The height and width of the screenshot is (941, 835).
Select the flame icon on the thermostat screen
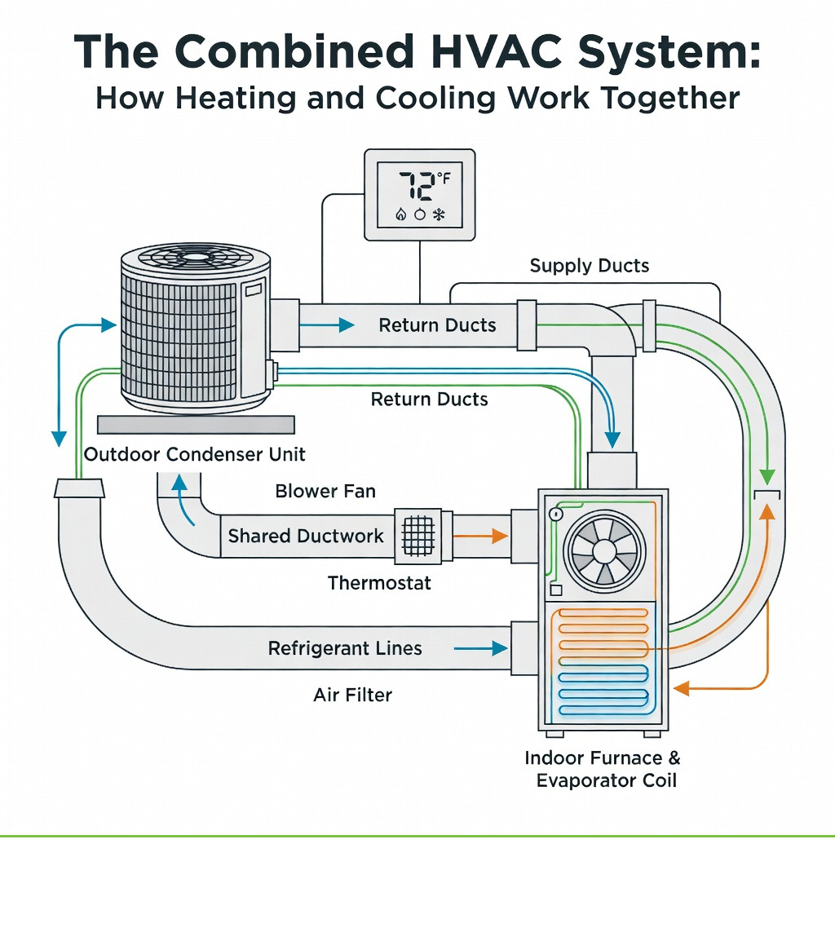click(400, 214)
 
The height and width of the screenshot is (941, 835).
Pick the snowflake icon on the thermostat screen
click(438, 214)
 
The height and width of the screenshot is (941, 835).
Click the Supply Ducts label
click(589, 266)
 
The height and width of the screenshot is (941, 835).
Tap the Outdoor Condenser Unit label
click(195, 454)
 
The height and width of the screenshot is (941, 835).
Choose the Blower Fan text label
click(325, 491)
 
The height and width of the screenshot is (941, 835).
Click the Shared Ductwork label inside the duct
click(306, 536)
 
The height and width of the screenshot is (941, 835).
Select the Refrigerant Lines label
click(345, 648)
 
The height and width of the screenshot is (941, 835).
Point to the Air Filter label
click(352, 695)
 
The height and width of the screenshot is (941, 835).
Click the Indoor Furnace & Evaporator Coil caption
click(603, 769)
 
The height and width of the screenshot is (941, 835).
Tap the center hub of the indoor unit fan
click(604, 552)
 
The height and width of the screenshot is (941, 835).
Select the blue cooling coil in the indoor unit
click(602, 690)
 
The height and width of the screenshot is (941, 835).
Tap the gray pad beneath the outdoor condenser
click(195, 425)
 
